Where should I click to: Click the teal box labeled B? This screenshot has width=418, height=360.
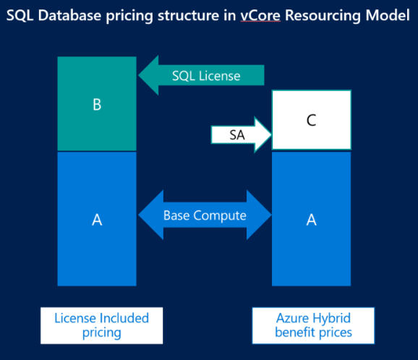97,104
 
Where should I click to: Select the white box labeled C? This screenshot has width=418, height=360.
311,121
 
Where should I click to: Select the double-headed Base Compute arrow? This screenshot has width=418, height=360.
204,215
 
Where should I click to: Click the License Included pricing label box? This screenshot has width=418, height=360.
101,325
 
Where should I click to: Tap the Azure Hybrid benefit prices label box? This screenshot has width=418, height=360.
313,325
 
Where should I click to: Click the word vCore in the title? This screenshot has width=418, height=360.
263,14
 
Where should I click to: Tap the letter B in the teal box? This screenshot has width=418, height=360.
97,104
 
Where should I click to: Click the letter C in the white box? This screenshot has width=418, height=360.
311,121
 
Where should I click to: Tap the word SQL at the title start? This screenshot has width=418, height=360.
20,14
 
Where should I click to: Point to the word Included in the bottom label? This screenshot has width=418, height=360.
122,318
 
